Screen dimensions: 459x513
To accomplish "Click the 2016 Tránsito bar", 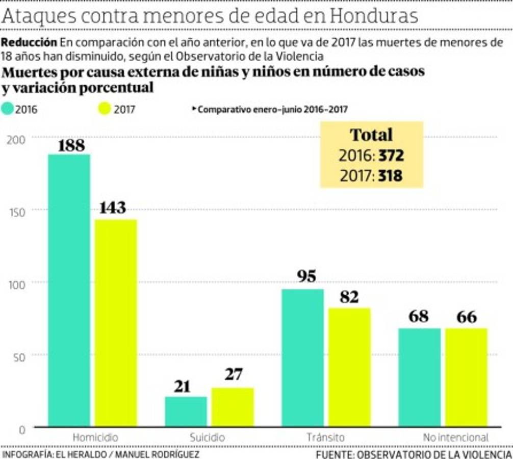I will [302, 357].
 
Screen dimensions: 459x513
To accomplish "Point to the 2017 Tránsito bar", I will [349, 367].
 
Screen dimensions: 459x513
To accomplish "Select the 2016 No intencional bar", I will [419, 377].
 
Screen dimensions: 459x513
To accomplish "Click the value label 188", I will [71, 145].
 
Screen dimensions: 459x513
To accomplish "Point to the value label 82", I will [349, 297].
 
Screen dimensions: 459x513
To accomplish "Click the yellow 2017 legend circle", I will [104, 109].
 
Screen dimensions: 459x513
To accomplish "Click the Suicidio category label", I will [207, 438].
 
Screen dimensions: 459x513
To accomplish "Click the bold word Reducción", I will [29, 42].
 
